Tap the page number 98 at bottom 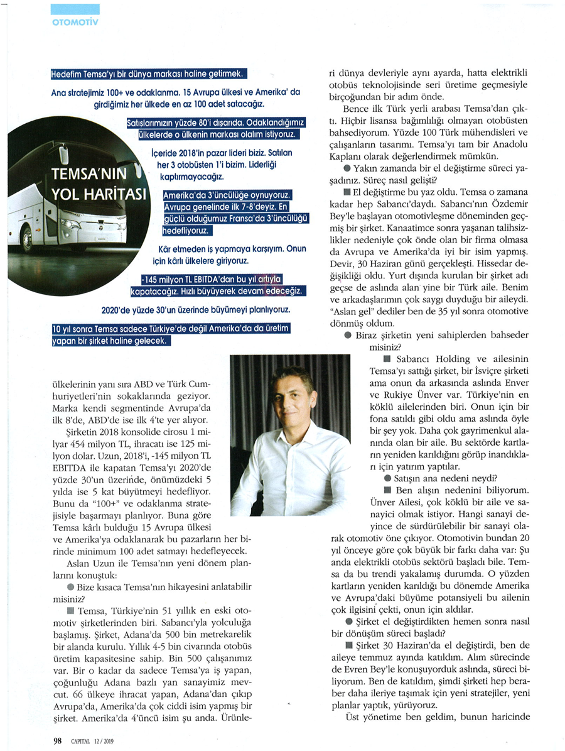[x=57, y=740]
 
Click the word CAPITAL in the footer [x=80, y=741]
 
